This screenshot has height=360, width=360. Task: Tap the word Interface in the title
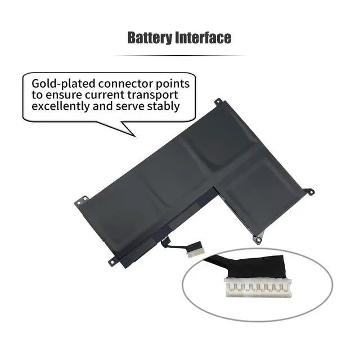[x=203, y=38]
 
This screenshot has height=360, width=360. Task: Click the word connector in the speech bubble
[x=122, y=83]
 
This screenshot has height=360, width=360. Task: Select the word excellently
[x=62, y=106]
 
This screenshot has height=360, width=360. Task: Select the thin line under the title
[x=179, y=56]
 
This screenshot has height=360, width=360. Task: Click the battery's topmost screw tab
[x=217, y=102]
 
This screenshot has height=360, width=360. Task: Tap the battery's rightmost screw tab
[x=309, y=192]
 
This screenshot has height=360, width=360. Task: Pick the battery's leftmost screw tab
[x=82, y=199]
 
